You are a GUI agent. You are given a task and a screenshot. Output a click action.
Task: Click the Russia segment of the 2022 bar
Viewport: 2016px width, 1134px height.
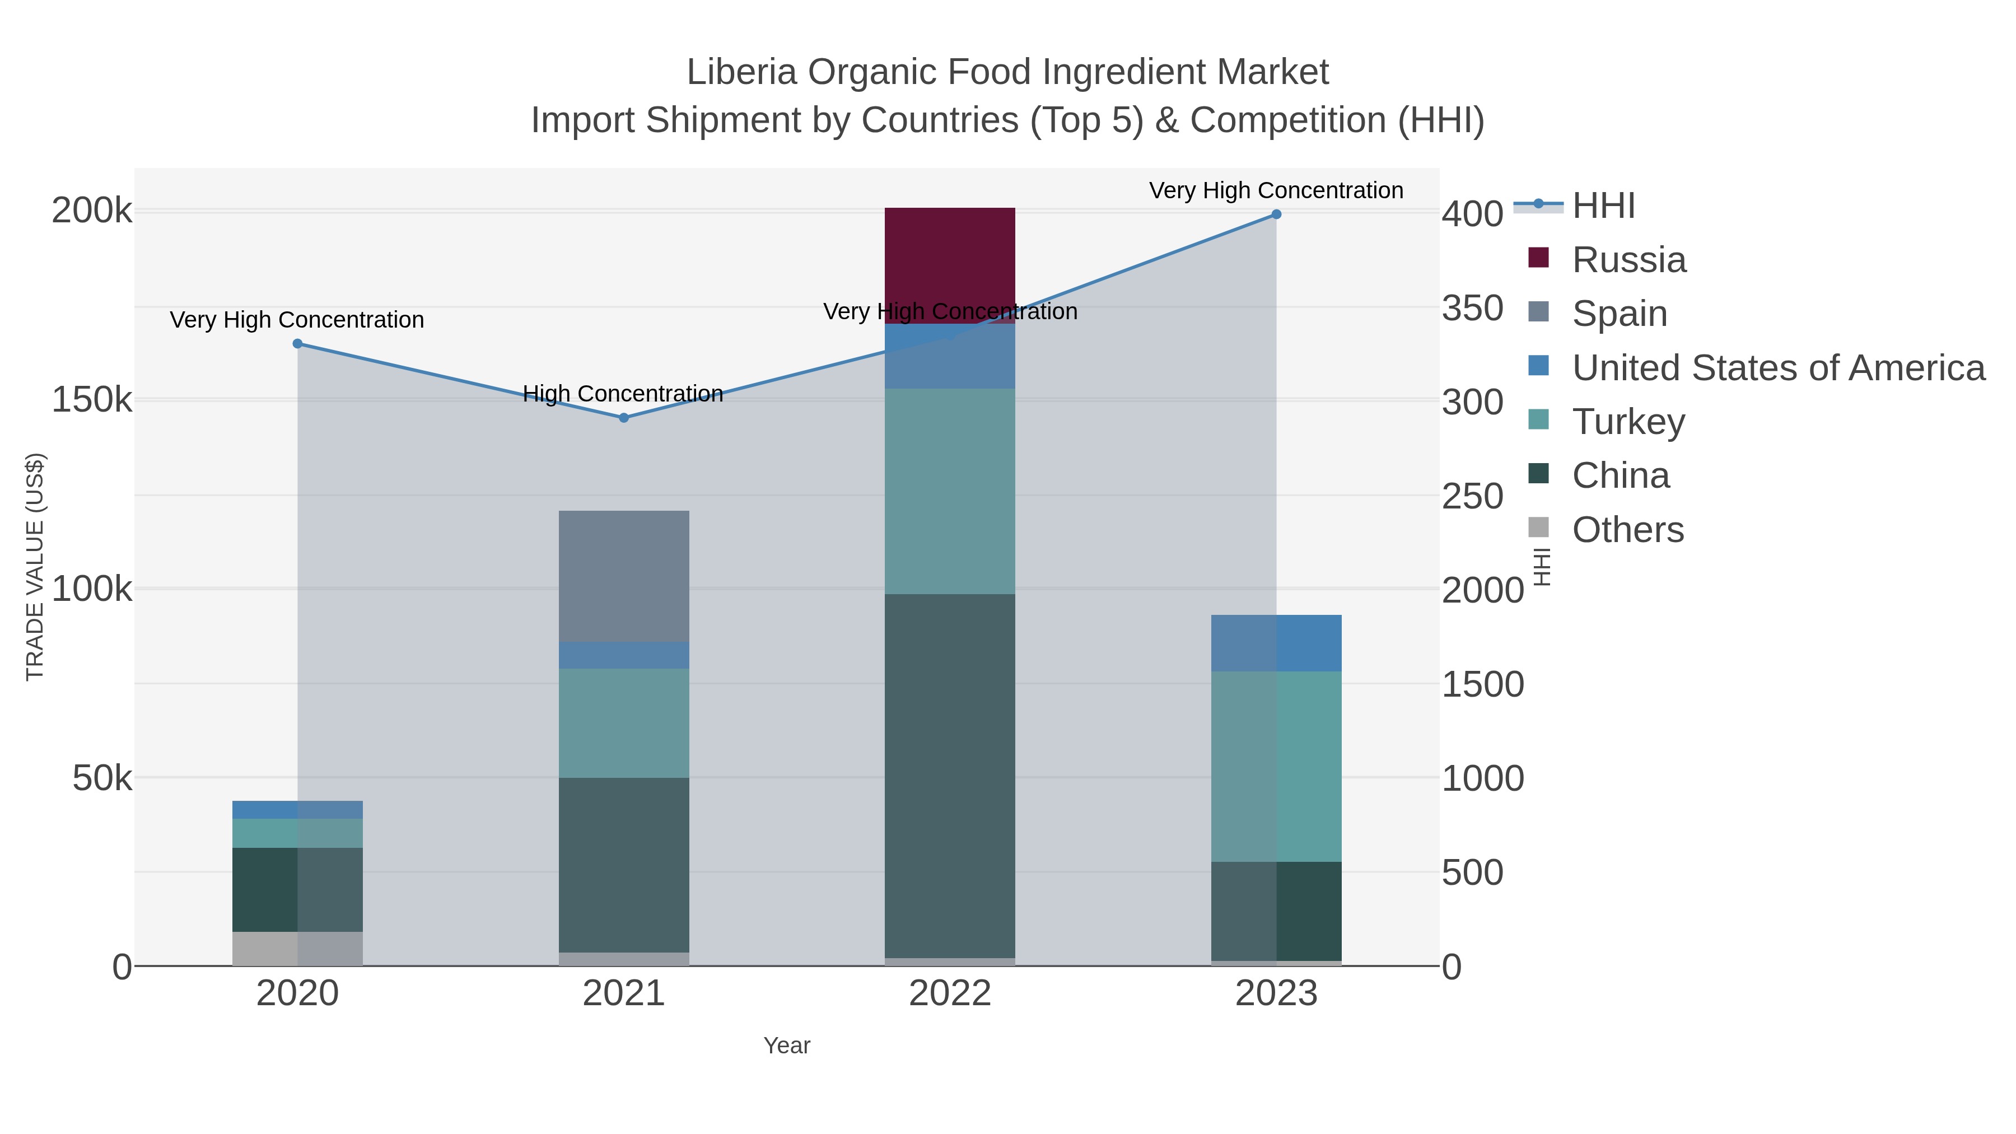(949, 258)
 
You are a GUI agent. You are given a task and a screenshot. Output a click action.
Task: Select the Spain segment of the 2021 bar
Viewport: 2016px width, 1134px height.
(624, 576)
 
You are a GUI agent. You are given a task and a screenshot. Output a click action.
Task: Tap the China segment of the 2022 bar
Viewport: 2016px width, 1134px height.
(949, 775)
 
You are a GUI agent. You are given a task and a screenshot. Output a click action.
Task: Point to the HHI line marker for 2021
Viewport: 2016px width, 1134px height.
(624, 418)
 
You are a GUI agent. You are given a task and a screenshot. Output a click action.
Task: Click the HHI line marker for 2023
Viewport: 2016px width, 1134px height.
(1276, 214)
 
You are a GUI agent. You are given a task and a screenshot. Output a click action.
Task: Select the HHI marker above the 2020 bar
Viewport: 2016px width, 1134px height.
(297, 344)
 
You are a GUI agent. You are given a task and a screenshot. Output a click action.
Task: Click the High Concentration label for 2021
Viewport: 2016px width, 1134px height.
(622, 394)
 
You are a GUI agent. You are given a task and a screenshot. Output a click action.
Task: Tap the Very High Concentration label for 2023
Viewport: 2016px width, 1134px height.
(1276, 191)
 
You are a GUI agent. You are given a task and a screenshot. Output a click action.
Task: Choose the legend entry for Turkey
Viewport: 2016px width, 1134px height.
(1628, 422)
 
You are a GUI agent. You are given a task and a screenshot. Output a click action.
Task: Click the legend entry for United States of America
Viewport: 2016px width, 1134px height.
(1776, 368)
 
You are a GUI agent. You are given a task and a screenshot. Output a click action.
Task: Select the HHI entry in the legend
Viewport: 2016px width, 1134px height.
(1603, 206)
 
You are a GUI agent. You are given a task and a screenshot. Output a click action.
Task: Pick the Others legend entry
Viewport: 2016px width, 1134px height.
(1628, 530)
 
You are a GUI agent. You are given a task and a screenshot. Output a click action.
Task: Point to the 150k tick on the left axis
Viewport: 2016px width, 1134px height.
(92, 400)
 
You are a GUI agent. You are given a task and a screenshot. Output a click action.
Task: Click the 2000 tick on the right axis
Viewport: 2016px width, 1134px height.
(1482, 590)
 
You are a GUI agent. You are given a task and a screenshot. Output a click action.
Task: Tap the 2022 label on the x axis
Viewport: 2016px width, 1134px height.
(949, 994)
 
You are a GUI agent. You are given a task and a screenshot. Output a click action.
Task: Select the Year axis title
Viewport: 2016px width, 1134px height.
(787, 1046)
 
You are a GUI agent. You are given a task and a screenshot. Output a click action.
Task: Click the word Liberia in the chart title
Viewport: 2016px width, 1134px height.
(741, 72)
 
